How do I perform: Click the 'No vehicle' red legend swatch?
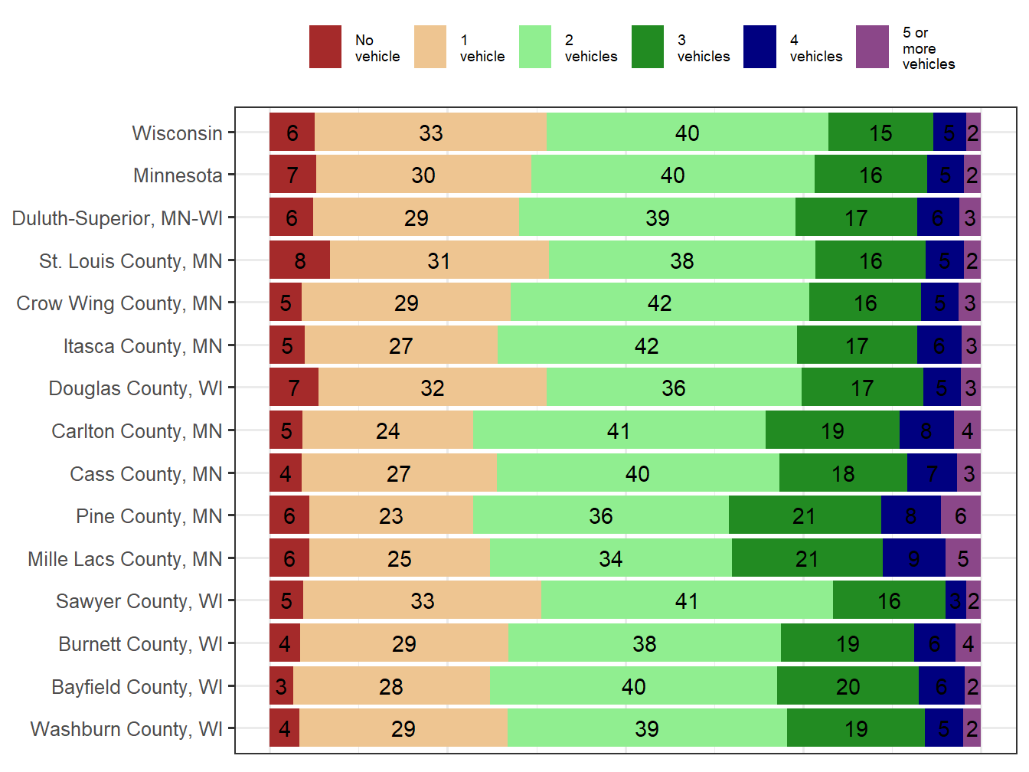coord(325,47)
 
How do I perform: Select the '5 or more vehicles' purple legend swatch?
coord(872,47)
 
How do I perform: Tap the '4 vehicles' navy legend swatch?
coord(759,47)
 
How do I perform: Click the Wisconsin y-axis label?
coord(177,133)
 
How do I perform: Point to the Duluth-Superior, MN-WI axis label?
coord(117,218)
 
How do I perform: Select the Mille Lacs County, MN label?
coord(125,559)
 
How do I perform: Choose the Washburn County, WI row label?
coord(126,729)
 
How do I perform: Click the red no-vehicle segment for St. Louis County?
coord(299,260)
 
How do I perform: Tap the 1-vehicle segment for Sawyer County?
coord(422,600)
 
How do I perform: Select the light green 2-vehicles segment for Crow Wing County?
coord(659,303)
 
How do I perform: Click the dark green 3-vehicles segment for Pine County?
coord(804,515)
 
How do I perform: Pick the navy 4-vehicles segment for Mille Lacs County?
coord(913,558)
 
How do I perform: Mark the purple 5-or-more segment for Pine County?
coord(960,515)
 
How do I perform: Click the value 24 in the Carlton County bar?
coord(387,431)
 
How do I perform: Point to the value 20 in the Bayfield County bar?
coord(848,686)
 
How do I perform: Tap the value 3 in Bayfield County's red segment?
coord(281,686)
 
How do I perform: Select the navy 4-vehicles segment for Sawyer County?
coord(955,600)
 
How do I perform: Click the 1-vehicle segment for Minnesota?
coord(423,175)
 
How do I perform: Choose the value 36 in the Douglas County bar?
coord(674,388)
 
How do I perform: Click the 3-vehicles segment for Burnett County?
coord(847,643)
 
